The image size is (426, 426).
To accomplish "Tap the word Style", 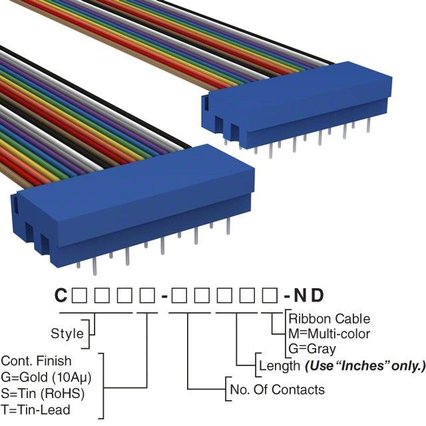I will click(x=67, y=333).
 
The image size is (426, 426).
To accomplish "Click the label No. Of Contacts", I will click(x=276, y=389).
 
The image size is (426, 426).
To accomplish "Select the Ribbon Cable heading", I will click(x=329, y=319).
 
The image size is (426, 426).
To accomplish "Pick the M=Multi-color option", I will click(x=329, y=333).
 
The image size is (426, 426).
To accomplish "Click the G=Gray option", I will click(x=312, y=348).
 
